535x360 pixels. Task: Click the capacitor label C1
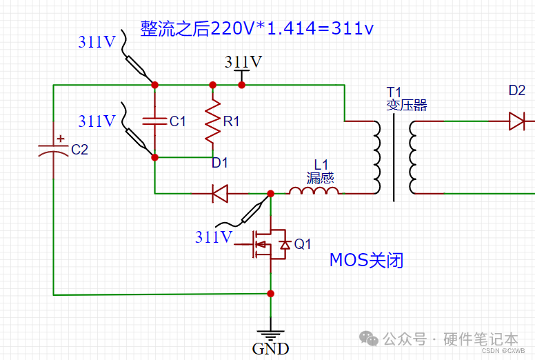click(177, 121)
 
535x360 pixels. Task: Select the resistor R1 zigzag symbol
click(213, 121)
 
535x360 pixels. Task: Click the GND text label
click(270, 348)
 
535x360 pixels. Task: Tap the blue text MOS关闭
click(365, 260)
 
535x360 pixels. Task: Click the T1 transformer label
click(393, 92)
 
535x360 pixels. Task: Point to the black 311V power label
click(243, 62)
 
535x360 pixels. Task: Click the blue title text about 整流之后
click(257, 28)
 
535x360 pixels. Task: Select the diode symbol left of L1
click(220, 194)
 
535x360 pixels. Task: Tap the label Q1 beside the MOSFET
click(303, 244)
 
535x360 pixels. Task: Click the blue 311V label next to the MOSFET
click(214, 237)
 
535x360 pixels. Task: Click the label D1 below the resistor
click(220, 163)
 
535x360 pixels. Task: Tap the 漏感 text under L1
click(320, 177)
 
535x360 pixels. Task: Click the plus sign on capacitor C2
click(61, 139)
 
